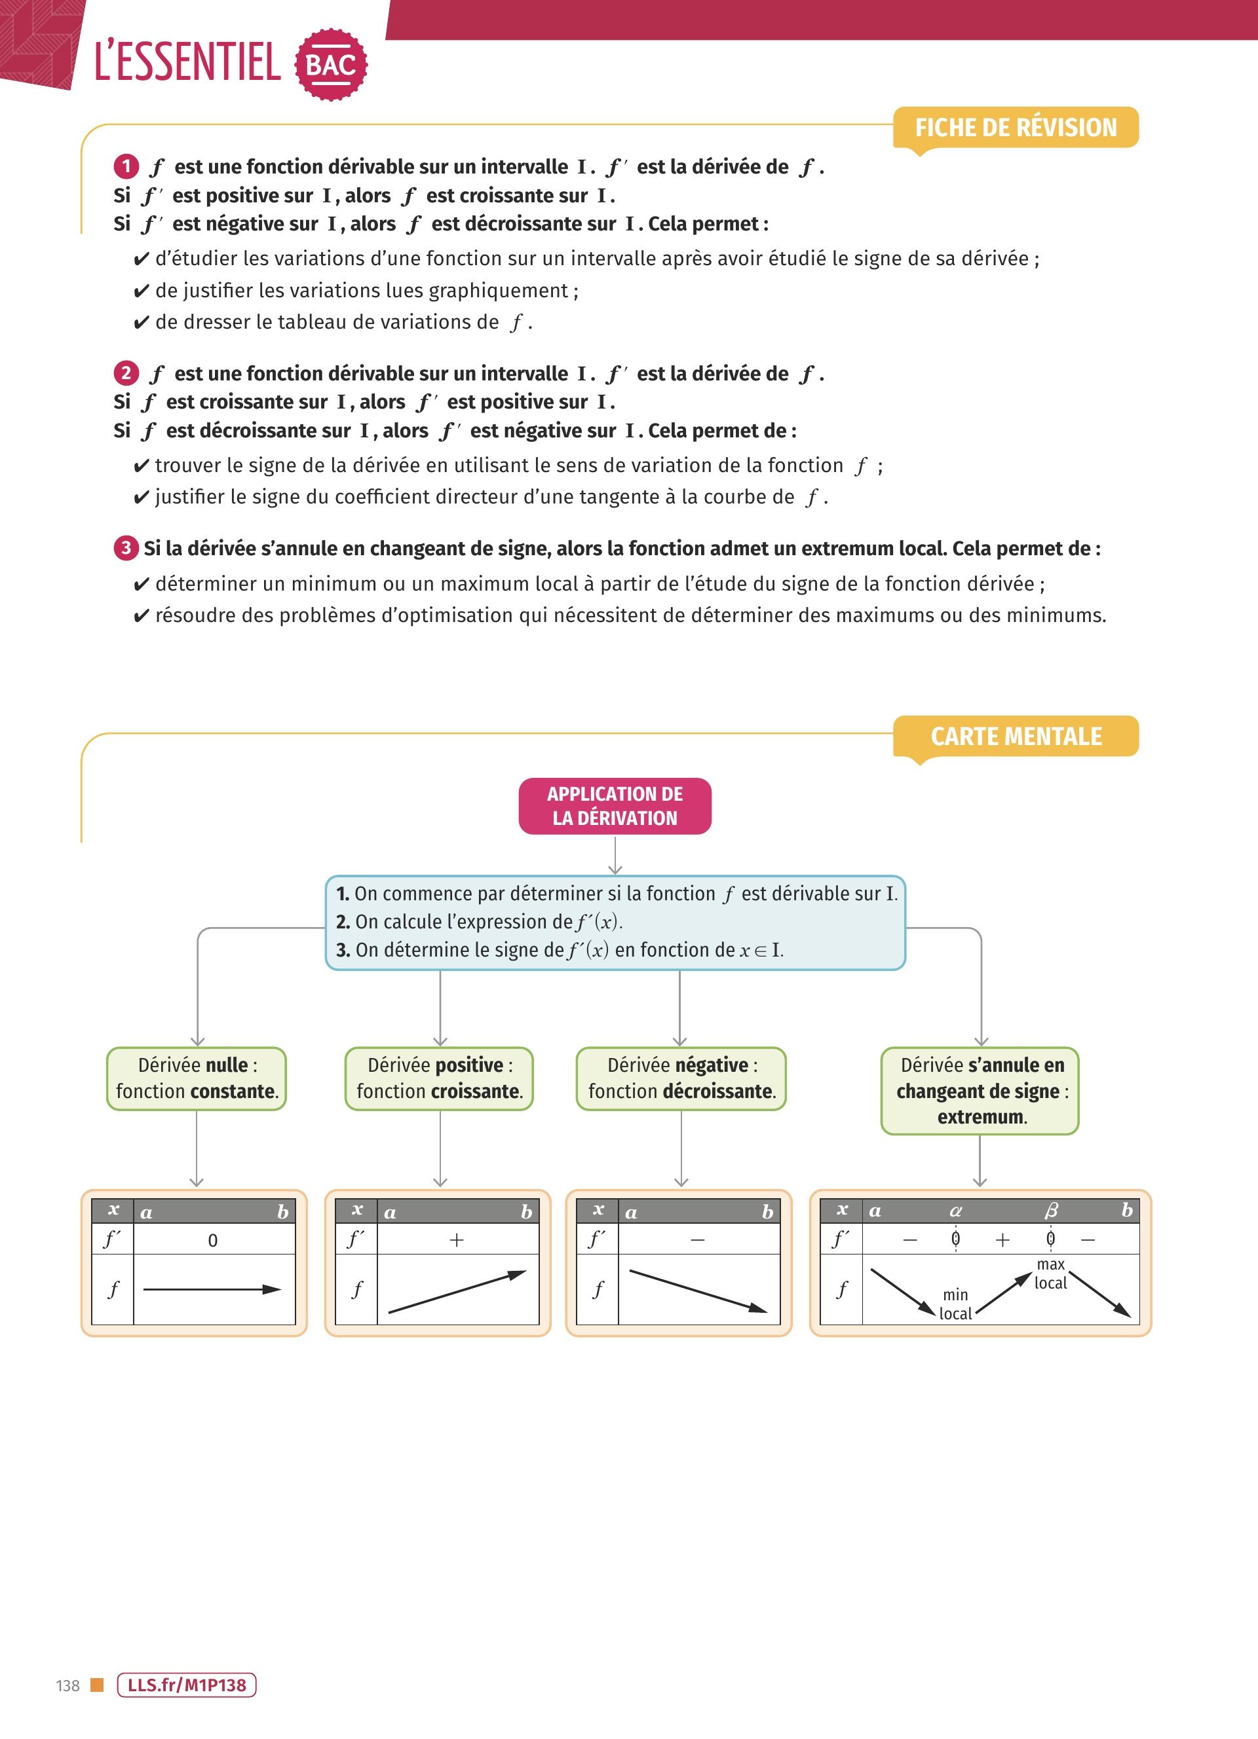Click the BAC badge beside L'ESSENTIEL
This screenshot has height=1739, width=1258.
331,64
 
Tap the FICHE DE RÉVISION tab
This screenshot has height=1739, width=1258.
1016,127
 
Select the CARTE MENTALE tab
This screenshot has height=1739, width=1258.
1016,736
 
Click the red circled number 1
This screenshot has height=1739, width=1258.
126,166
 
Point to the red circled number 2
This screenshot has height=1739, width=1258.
126,373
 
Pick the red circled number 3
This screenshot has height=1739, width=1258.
126,547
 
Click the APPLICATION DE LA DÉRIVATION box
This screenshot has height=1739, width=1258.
615,806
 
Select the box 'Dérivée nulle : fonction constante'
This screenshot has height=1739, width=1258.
197,1078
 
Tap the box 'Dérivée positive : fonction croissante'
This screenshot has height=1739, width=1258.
440,1078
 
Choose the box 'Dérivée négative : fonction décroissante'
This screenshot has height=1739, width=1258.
681,1078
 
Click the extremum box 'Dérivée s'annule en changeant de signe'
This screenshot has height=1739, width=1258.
980,1090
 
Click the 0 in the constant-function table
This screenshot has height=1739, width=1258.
212,1241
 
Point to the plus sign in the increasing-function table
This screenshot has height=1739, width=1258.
457,1240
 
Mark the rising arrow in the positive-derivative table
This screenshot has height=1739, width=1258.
457,1292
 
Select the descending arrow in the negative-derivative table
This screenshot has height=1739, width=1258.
698,1291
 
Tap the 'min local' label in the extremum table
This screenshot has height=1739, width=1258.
955,1304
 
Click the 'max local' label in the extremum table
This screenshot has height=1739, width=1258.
1050,1273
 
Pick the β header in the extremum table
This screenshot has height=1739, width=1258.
1051,1211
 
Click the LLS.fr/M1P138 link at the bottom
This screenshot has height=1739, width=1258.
186,1685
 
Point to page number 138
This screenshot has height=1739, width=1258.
67,1685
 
